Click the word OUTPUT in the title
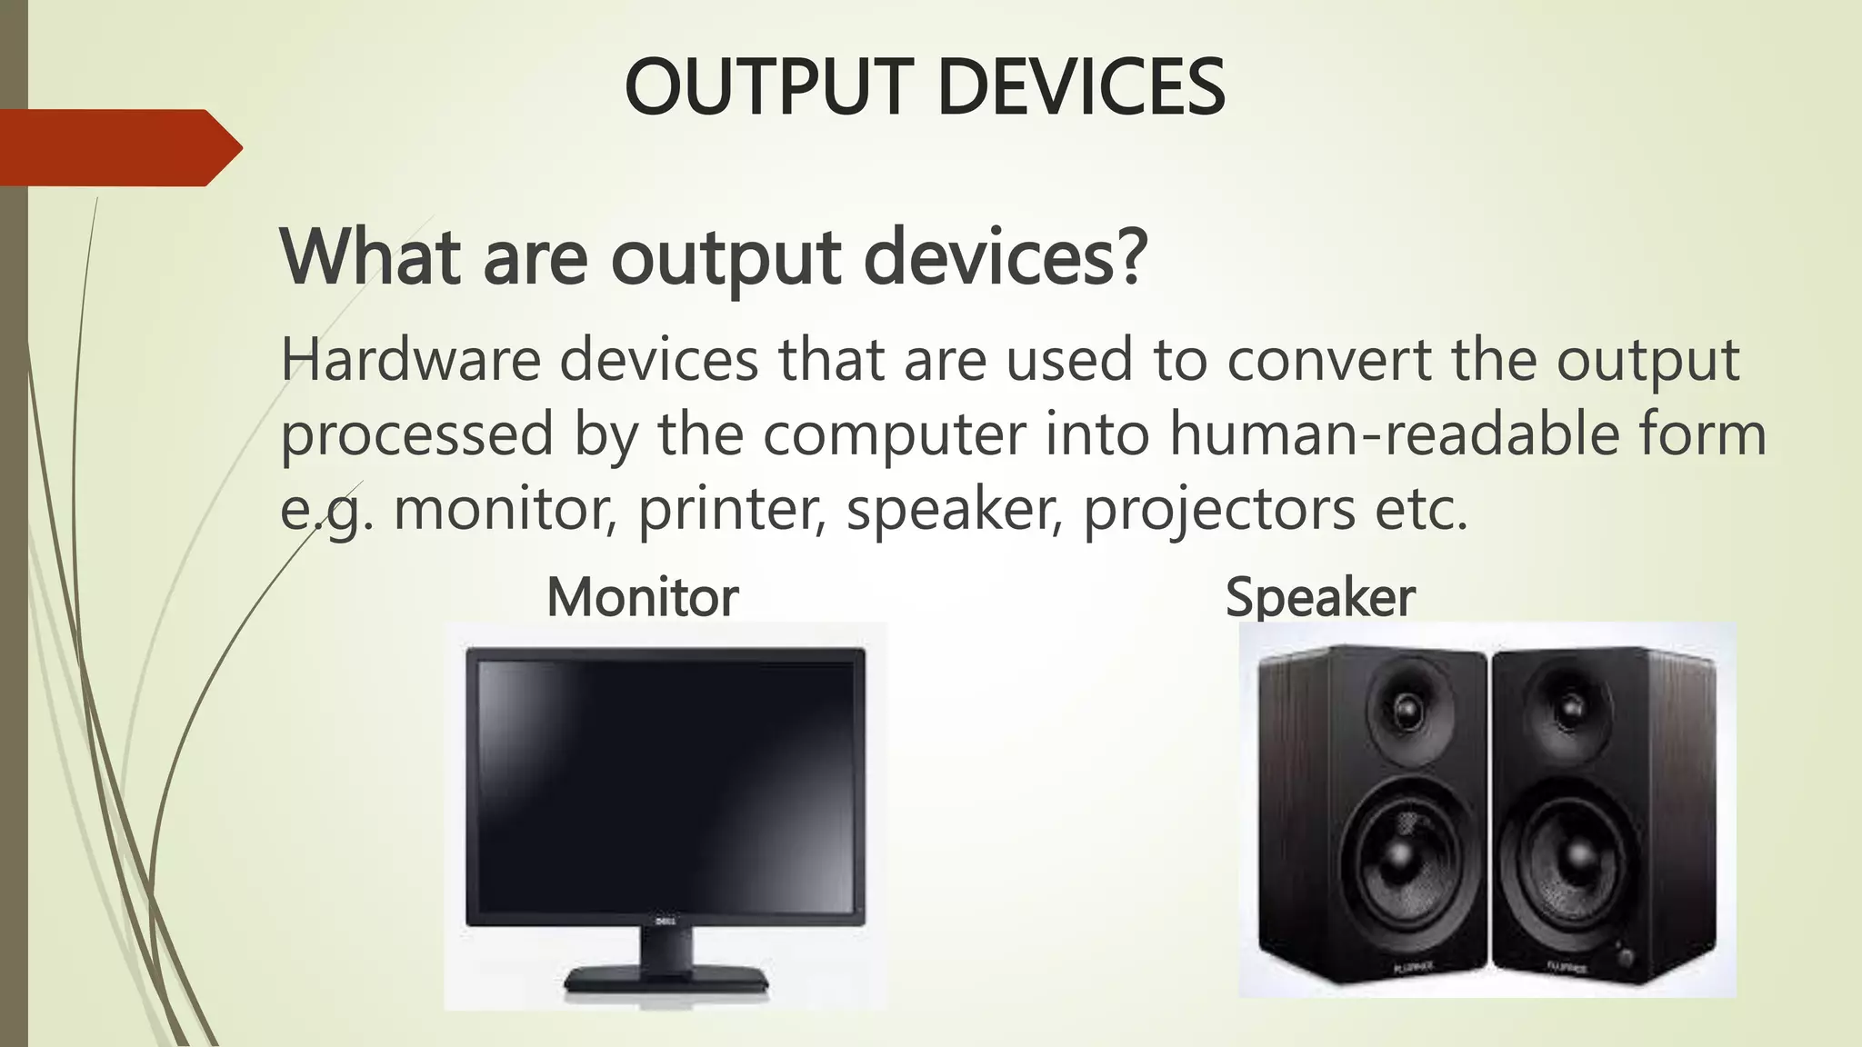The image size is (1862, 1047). pyautogui.click(x=768, y=87)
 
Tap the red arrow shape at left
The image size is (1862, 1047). pyautogui.click(x=118, y=147)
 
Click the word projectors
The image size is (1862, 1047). pyautogui.click(x=1219, y=509)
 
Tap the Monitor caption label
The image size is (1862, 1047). pyautogui.click(x=642, y=597)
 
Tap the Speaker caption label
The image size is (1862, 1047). pyautogui.click(x=1320, y=597)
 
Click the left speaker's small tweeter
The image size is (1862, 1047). pyautogui.click(x=1406, y=707)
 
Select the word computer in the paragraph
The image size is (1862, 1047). pyautogui.click(x=895, y=434)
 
